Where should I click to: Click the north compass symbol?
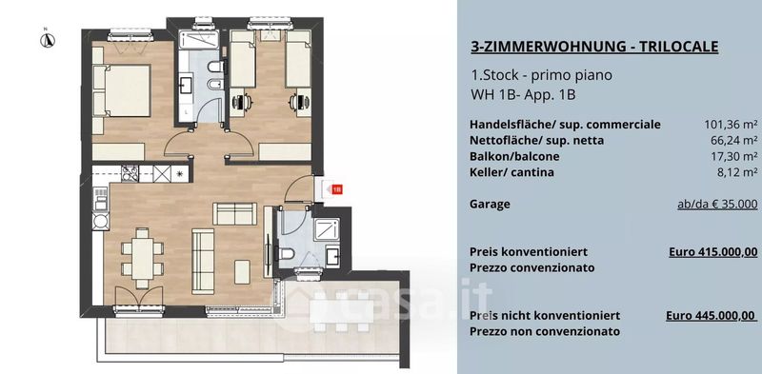(x=47, y=40)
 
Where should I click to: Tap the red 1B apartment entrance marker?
(x=337, y=189)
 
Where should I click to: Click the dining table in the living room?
(x=143, y=259)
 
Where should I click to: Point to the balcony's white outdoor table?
(x=342, y=311)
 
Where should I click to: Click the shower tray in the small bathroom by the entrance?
(x=327, y=229)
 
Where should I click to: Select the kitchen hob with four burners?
(x=130, y=173)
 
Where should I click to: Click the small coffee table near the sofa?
(x=242, y=272)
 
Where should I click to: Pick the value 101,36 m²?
(x=731, y=125)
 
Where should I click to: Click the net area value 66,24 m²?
(x=733, y=141)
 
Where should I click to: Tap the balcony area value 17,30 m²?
(x=733, y=156)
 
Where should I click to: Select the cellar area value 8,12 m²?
(x=737, y=172)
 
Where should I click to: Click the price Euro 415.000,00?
(x=712, y=252)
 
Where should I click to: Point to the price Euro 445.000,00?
(x=712, y=316)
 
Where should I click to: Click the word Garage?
(x=490, y=204)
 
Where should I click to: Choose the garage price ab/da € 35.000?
(x=717, y=205)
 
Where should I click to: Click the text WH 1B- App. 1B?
(x=523, y=94)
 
